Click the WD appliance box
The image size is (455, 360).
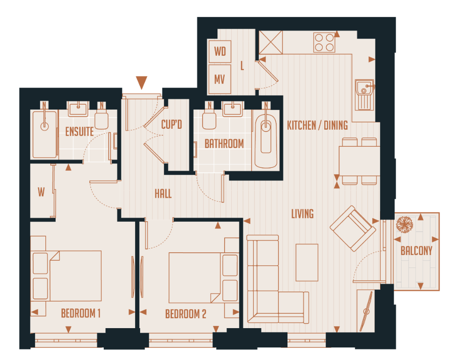(220, 51)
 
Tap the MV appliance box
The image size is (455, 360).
(220, 79)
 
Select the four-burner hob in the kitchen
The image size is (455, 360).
(324, 42)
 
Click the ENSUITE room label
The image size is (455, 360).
(80, 132)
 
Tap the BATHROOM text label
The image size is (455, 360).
(224, 144)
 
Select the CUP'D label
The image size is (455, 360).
(172, 124)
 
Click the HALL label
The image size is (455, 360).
(163, 194)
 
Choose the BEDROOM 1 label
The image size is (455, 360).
(81, 313)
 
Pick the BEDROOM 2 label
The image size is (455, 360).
(186, 314)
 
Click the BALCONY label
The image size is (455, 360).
(416, 251)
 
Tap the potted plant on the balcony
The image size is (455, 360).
(405, 224)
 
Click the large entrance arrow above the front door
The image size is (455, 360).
(141, 83)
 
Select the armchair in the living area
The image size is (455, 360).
(353, 228)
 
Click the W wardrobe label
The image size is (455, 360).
(41, 193)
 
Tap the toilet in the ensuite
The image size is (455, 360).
(102, 119)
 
